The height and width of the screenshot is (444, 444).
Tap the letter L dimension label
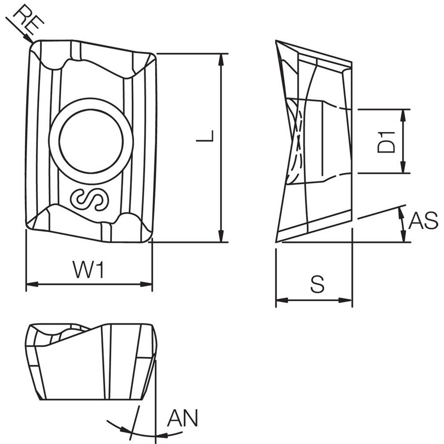point(205,136)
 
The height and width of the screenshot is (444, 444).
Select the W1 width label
point(88,270)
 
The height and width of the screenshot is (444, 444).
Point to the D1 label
point(386,142)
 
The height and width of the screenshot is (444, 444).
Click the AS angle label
point(423,221)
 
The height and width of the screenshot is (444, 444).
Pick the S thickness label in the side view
point(317,284)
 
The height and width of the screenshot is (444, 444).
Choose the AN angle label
point(182,418)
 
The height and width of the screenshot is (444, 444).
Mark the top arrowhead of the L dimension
point(221,58)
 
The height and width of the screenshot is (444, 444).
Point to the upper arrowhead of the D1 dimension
point(403,114)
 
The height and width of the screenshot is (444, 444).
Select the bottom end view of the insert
point(91,362)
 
